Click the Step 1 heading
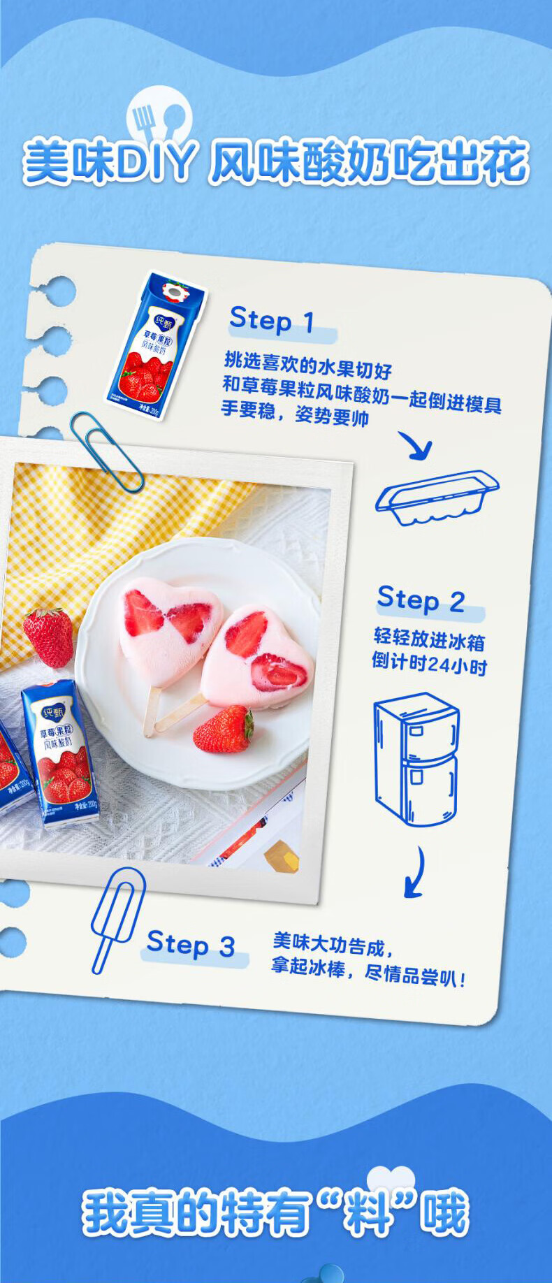(x=271, y=321)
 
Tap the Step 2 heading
(x=421, y=600)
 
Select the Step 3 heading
(x=190, y=945)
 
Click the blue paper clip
(x=106, y=451)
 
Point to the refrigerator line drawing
(x=416, y=759)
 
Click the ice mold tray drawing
(x=437, y=498)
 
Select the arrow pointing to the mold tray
(x=416, y=445)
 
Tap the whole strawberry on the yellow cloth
(x=48, y=637)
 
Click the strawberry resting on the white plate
(x=224, y=729)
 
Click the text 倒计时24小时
(x=429, y=662)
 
